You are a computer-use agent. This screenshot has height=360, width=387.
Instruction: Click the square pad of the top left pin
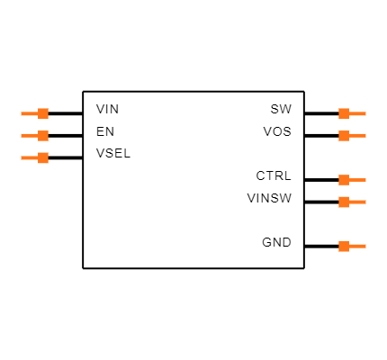click(43, 113)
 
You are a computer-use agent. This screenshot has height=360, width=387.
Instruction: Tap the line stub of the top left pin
click(29, 113)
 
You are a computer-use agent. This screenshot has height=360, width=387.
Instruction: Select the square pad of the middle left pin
click(43, 136)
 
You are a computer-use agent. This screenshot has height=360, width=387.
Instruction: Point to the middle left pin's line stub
click(29, 136)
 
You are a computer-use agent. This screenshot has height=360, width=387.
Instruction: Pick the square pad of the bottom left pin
click(43, 157)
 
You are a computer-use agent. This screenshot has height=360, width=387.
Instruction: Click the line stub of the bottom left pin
click(29, 157)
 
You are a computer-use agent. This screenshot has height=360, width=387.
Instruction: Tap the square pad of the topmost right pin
click(344, 113)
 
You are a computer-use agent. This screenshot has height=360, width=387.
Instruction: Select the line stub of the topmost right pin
click(358, 113)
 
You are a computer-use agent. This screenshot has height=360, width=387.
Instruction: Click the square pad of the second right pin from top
click(344, 136)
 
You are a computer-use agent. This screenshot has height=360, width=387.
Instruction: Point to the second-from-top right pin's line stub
click(358, 136)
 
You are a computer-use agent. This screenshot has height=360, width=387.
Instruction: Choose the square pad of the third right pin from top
click(344, 180)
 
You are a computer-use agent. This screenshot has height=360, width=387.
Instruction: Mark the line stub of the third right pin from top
click(358, 180)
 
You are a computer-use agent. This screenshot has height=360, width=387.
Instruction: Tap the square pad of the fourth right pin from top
click(344, 202)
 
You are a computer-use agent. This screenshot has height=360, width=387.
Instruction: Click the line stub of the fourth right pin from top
click(358, 202)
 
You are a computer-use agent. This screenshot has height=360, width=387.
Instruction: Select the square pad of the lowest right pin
click(344, 246)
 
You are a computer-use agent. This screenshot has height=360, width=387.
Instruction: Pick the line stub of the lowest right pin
click(358, 246)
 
